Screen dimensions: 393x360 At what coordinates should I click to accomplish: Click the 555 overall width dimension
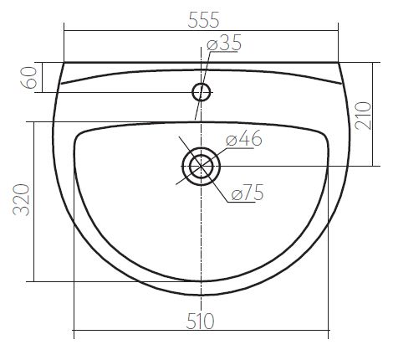(203, 20)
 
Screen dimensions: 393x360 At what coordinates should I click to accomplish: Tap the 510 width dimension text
(200, 321)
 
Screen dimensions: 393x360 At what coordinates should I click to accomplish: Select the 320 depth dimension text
(21, 200)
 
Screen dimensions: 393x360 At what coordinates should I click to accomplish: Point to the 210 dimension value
(364, 116)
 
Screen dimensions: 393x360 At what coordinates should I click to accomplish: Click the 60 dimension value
(29, 78)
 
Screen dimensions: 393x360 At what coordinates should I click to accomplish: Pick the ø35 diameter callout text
(224, 43)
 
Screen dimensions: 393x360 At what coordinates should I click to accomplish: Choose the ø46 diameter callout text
(244, 138)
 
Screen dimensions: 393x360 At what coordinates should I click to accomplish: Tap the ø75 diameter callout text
(248, 193)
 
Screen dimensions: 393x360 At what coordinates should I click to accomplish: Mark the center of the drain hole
(201, 167)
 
